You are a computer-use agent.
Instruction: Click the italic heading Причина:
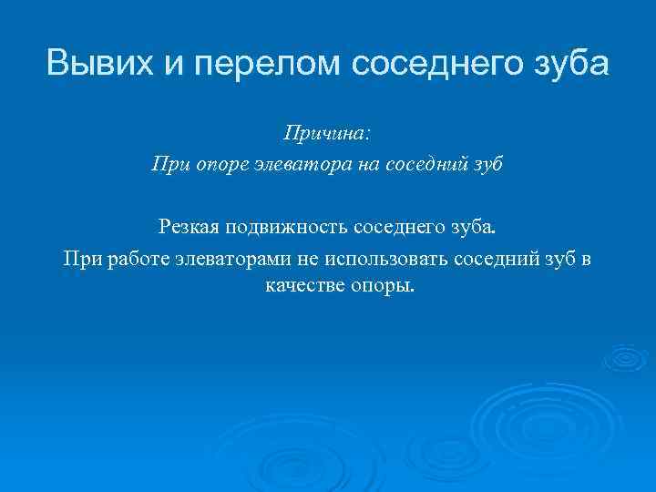327,134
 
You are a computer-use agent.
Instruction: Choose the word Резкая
189,225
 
